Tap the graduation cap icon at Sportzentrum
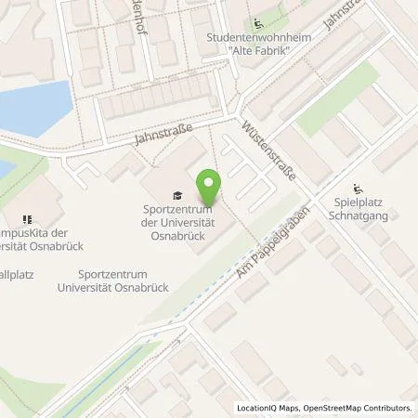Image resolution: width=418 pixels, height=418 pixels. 177,195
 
